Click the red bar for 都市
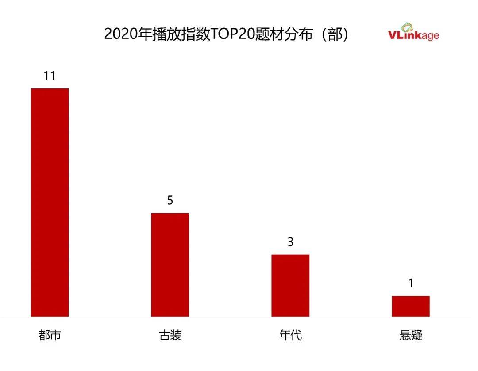(x=50, y=202)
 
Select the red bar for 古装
(x=170, y=264)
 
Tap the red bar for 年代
(x=290, y=285)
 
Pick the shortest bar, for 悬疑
(x=411, y=306)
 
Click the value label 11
(x=50, y=76)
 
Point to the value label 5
(x=170, y=200)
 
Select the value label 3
(x=290, y=242)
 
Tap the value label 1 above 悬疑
(x=411, y=283)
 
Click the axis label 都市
(x=50, y=336)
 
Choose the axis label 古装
(x=170, y=336)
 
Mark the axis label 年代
(x=290, y=336)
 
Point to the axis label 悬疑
(x=411, y=336)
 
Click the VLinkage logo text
(x=413, y=35)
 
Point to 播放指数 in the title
(x=180, y=34)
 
